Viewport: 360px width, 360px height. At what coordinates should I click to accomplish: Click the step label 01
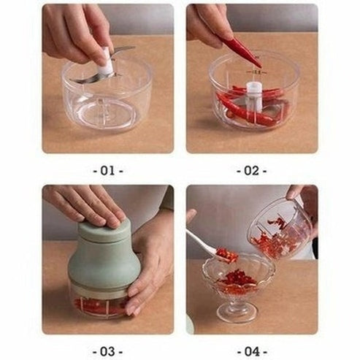click(108, 171)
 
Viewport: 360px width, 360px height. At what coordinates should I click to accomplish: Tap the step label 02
click(252, 171)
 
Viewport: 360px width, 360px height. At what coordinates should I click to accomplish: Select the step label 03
click(108, 351)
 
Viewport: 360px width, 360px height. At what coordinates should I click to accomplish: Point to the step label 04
click(252, 351)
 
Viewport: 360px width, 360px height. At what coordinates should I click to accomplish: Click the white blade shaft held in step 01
click(107, 60)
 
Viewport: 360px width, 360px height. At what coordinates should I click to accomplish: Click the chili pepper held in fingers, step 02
click(241, 50)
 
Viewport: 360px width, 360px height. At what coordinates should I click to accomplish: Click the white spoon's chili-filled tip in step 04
click(226, 256)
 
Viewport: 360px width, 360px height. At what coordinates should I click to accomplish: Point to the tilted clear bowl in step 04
click(280, 229)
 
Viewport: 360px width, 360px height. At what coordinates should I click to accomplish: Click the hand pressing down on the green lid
click(85, 206)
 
